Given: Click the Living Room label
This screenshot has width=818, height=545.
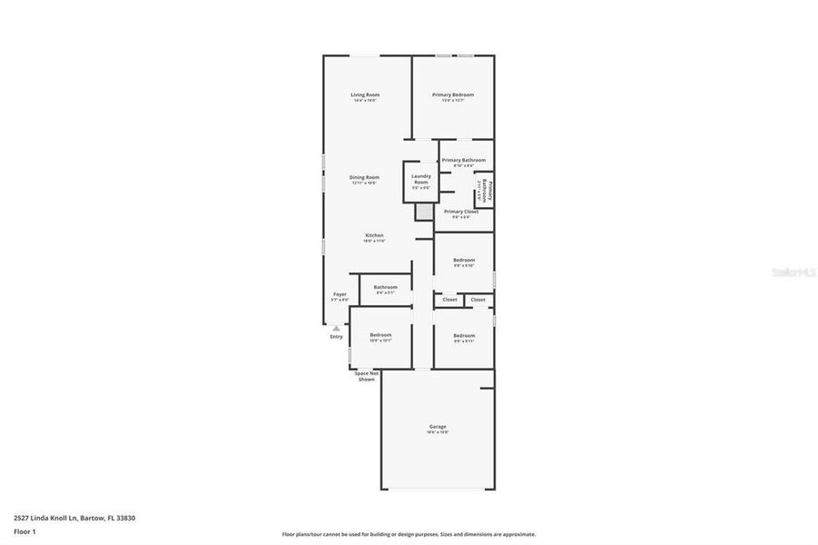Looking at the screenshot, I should [x=365, y=94].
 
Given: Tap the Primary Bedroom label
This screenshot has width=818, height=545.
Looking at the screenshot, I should [x=452, y=94].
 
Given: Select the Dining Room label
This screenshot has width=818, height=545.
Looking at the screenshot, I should [x=365, y=177].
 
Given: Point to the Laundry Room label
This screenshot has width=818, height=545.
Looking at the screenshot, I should [x=420, y=179].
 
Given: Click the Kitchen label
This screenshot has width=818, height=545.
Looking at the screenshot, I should [x=374, y=235].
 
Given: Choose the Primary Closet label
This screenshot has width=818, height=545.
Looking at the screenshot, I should [x=461, y=212].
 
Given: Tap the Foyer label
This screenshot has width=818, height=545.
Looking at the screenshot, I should [x=340, y=294].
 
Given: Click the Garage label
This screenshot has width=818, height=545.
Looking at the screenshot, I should [x=438, y=426].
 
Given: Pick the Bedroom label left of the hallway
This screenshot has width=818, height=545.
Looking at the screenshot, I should [x=380, y=335].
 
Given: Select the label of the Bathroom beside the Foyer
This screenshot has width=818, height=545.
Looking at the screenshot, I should [x=386, y=287].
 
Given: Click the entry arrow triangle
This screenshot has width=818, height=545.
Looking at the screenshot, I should [x=336, y=328].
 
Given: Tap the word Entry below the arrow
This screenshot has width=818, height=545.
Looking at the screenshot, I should [x=336, y=337].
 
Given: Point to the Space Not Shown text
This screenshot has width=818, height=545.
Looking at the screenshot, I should [x=367, y=376].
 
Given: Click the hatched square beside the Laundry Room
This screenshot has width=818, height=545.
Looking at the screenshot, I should [x=424, y=212].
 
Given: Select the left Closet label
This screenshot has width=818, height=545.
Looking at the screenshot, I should [x=449, y=299].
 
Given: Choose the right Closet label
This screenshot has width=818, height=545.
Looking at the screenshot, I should [x=478, y=299].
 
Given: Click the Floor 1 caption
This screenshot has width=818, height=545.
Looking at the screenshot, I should [x=25, y=531].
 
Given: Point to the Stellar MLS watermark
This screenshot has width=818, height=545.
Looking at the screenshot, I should [x=793, y=272].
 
